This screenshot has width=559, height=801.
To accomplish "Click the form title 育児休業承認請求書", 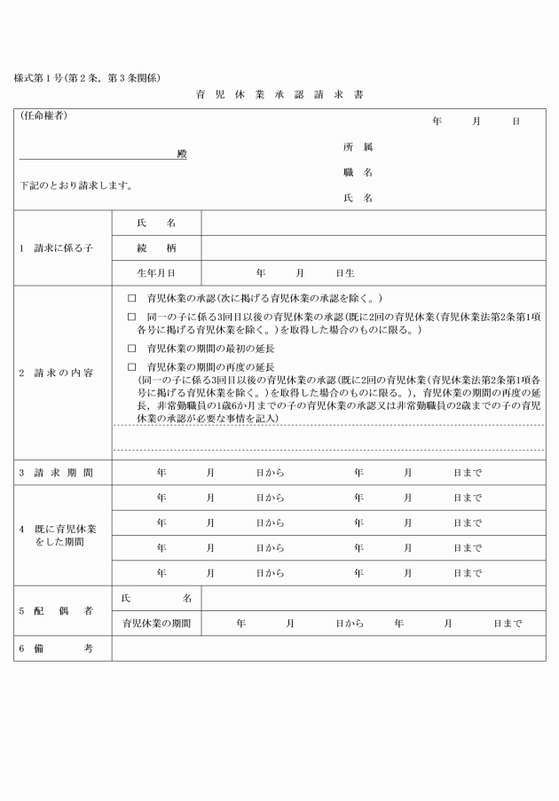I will tap(279, 94).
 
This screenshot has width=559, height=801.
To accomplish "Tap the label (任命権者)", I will tap(43, 116).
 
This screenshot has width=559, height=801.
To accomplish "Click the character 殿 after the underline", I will tap(181, 153).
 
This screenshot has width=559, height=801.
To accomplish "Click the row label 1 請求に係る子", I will tap(56, 247).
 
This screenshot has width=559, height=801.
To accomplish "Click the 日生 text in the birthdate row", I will tap(345, 272).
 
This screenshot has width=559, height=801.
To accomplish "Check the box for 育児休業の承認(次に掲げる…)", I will tap(132, 298).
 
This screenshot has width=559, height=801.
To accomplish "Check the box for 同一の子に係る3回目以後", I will tap(132, 316).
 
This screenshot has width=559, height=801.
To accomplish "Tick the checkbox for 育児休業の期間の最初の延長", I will tap(132, 349).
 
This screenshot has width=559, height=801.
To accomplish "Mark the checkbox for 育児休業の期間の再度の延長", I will tap(132, 366).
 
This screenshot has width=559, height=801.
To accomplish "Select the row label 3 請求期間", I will tap(56, 473).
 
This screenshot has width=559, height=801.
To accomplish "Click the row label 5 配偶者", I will tap(56, 610).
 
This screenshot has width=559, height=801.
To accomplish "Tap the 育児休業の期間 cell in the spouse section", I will tap(156, 624).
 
